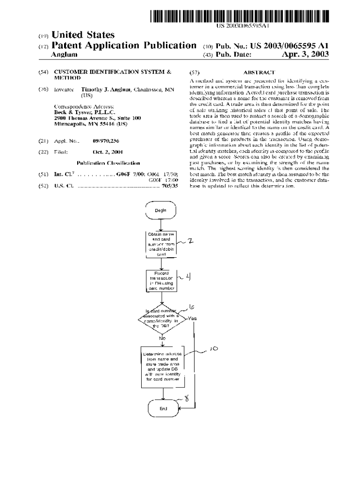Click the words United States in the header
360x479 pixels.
83,35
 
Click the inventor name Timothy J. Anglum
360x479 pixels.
107,89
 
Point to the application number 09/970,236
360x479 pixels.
106,140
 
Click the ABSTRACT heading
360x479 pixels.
259,73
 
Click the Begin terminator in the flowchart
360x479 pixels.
161,210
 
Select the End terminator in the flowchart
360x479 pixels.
163,408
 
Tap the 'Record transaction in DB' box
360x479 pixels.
161,281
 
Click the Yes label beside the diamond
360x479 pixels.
192,318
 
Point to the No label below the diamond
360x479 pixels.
162,337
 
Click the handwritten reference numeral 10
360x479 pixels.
214,348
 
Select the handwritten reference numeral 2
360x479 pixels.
190,241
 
